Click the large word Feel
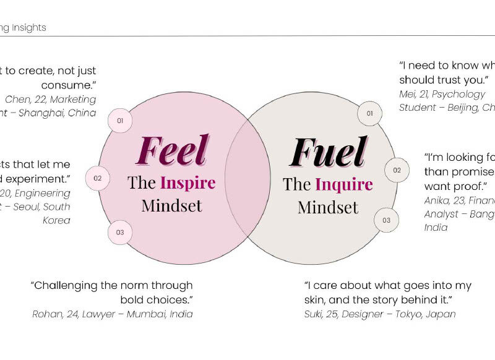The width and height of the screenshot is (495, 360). tap(172, 150)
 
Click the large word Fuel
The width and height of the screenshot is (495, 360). tap(328, 152)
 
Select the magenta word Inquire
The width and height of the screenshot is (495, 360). tap(344, 184)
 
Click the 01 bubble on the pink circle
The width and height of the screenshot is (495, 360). tap(120, 121)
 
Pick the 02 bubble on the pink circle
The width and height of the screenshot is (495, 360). tap(98, 179)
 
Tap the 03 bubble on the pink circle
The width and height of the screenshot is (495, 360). tap(120, 233)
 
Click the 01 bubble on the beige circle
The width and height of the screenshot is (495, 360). tap(370, 113)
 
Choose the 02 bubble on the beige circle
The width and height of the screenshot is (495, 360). tap(397, 170)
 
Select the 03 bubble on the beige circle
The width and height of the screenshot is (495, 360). tap(386, 220)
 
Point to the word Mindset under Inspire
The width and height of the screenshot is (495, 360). tap(171, 205)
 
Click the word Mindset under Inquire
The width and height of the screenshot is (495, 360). tap(328, 207)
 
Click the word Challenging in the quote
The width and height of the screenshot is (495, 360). tap(67, 286)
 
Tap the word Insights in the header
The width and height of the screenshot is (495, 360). tap(28, 28)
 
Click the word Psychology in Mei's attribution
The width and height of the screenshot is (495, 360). tap(458, 94)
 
